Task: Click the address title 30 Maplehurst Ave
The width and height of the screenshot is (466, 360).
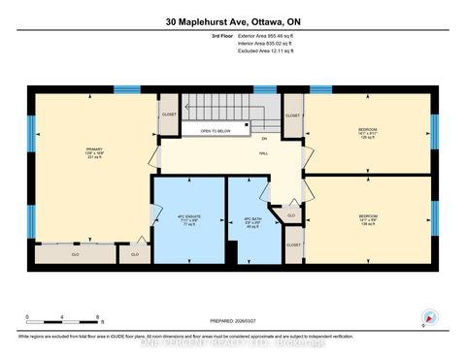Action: tap(232, 23)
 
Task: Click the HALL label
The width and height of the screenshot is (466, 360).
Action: tap(262, 151)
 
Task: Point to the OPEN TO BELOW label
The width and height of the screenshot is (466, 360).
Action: tap(216, 130)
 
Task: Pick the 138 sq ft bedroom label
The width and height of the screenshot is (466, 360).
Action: tap(366, 219)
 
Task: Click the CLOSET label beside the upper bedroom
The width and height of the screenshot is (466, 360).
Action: tap(293, 115)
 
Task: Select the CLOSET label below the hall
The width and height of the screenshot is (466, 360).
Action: tap(293, 245)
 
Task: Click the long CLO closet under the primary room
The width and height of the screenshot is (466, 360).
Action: tap(75, 255)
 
